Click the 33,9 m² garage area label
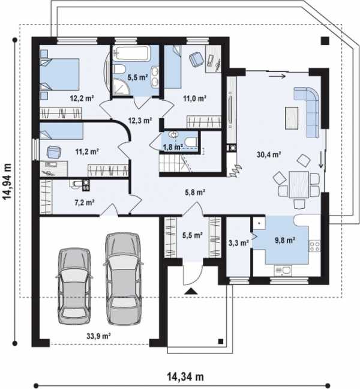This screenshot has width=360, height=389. (x=98, y=336)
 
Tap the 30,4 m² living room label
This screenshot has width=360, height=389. (x=269, y=155)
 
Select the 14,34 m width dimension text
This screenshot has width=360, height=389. (x=185, y=376)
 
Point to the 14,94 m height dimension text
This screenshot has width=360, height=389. (x=7, y=181)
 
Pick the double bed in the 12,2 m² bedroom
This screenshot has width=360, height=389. (x=59, y=74)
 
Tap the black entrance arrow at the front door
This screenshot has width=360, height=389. (x=191, y=291)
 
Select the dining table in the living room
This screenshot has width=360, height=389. (x=299, y=184)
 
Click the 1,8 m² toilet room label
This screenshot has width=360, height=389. (x=173, y=147)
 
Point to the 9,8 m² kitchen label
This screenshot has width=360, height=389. (x=284, y=240)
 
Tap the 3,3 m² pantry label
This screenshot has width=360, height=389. (x=238, y=243)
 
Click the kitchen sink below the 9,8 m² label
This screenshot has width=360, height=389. (x=283, y=270)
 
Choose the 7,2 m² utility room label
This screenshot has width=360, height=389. (x=84, y=203)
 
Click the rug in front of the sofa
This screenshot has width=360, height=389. (x=292, y=118)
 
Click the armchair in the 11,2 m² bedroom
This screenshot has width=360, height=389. (x=54, y=152)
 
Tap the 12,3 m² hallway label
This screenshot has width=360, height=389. (x=140, y=121)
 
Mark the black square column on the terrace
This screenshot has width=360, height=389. (x=325, y=41)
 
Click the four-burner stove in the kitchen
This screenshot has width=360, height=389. (x=314, y=246)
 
